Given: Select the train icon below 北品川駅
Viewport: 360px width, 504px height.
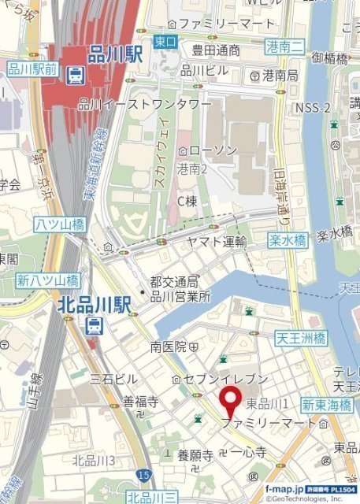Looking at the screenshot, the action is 94,325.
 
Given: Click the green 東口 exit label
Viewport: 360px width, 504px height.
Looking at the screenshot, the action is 165,41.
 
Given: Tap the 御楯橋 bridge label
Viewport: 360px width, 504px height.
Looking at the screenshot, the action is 329,57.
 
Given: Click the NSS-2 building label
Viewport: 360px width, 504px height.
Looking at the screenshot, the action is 312,107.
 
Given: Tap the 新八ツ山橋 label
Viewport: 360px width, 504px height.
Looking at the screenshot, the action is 47,280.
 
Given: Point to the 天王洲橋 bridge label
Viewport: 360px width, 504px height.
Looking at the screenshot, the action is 300,339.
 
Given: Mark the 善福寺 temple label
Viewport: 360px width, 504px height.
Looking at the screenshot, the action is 140,402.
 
